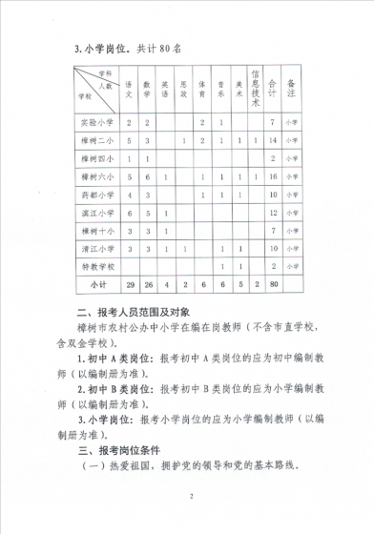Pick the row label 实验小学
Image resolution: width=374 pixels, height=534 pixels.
(95, 123)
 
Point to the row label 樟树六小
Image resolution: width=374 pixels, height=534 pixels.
(95, 176)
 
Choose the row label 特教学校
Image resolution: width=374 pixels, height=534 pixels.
(95, 266)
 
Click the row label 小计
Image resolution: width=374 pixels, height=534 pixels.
(95, 284)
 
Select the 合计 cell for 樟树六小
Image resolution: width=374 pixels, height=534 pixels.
(274, 176)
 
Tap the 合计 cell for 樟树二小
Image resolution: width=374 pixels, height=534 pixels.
(274, 140)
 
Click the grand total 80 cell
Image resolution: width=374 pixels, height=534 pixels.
(274, 284)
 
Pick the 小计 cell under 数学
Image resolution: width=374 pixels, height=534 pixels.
(147, 284)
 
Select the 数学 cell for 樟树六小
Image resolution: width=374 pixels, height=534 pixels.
(147, 176)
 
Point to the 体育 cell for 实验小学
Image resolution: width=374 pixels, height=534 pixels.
(202, 123)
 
